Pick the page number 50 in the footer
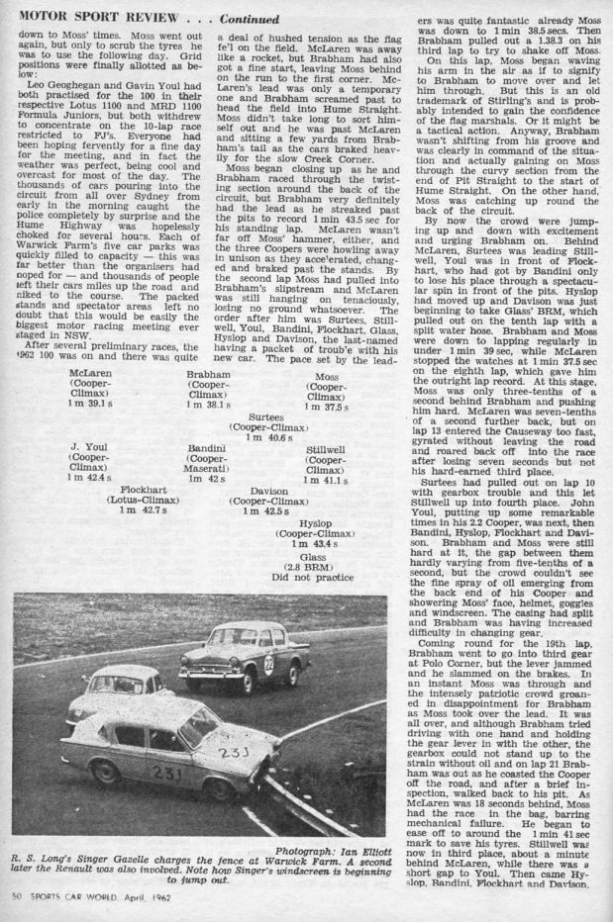pos(20,909)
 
